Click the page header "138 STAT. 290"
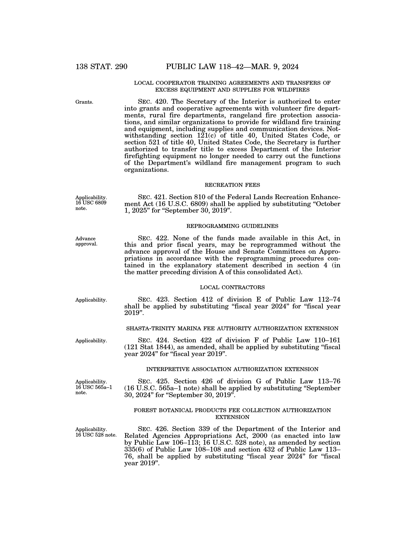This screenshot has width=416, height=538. tap(101, 67)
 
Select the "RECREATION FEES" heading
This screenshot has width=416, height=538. tap(232, 185)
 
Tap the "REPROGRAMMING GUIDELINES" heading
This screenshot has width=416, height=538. tap(232, 226)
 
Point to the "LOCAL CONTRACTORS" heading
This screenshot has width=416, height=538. tap(232, 287)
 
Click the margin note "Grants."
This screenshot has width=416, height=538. tap(84, 102)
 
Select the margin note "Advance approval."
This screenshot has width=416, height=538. tap(86, 241)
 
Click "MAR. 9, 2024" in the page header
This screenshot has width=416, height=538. tap(270, 67)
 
